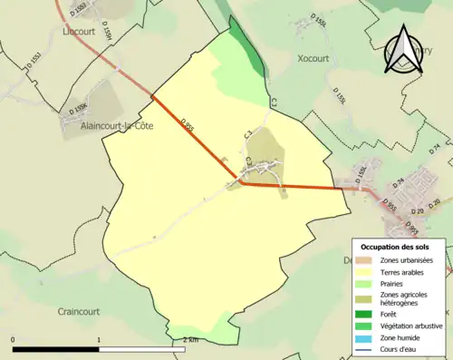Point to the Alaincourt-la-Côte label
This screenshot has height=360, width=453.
[104, 127]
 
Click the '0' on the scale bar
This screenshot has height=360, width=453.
[14, 339]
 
